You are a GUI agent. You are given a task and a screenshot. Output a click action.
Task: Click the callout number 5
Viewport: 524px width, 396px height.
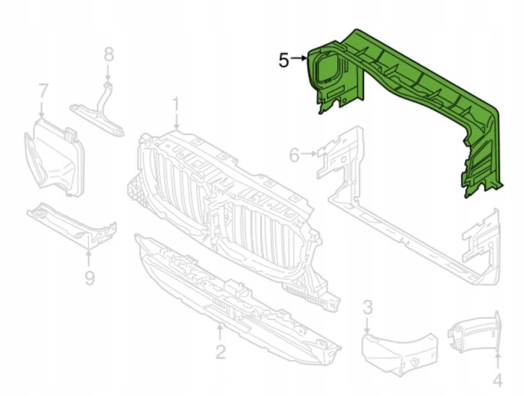[x=284, y=61]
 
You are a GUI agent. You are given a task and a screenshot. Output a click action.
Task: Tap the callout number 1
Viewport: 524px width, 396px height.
[x=175, y=105]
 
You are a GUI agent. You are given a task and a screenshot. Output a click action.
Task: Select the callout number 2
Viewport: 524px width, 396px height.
[x=221, y=351]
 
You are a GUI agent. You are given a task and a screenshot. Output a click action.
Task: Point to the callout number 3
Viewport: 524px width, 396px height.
[x=367, y=307]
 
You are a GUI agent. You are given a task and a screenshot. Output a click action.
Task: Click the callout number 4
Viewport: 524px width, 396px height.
[x=497, y=381]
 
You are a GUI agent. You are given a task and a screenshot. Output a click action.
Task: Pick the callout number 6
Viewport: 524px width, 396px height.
[x=294, y=155]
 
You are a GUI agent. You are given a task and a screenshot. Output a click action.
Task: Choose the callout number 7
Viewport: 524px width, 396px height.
[x=43, y=91]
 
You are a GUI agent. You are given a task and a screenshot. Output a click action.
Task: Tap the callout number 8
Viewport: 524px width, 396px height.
[x=108, y=55]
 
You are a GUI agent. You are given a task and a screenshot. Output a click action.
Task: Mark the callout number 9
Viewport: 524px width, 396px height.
[x=89, y=278]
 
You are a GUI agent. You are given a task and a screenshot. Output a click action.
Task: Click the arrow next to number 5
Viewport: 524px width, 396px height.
[x=299, y=58]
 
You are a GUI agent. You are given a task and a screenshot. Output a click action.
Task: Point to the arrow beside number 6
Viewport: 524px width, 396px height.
[x=309, y=154]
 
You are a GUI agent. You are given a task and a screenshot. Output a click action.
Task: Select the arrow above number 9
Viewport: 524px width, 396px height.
[x=89, y=258]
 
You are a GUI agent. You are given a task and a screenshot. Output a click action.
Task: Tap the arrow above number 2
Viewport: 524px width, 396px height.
[x=220, y=332]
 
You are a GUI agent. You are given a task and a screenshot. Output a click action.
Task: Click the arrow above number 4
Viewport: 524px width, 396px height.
[x=498, y=361]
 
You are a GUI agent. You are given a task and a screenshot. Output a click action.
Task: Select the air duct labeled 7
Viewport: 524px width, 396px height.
[x=54, y=157]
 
